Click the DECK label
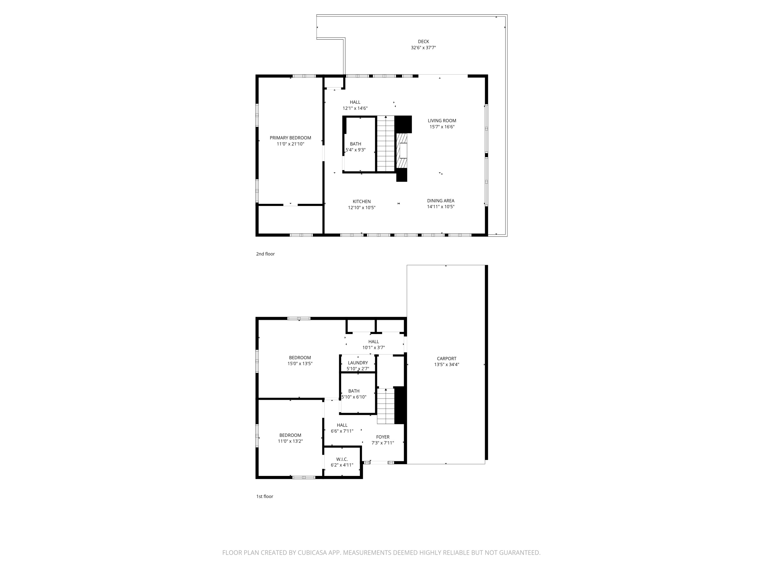(423, 42)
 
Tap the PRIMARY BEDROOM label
(290, 138)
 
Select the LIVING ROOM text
(442, 121)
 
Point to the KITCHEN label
(361, 202)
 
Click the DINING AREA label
(441, 201)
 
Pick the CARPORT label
(446, 358)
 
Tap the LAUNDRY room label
(358, 363)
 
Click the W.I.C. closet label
(342, 459)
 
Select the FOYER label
(383, 437)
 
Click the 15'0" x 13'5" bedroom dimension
(300, 363)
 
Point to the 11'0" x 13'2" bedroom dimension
(290, 441)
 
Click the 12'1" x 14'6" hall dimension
(355, 108)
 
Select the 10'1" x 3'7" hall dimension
(373, 348)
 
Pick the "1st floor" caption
(265, 496)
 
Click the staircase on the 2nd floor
(385, 144)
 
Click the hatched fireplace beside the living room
(402, 151)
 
